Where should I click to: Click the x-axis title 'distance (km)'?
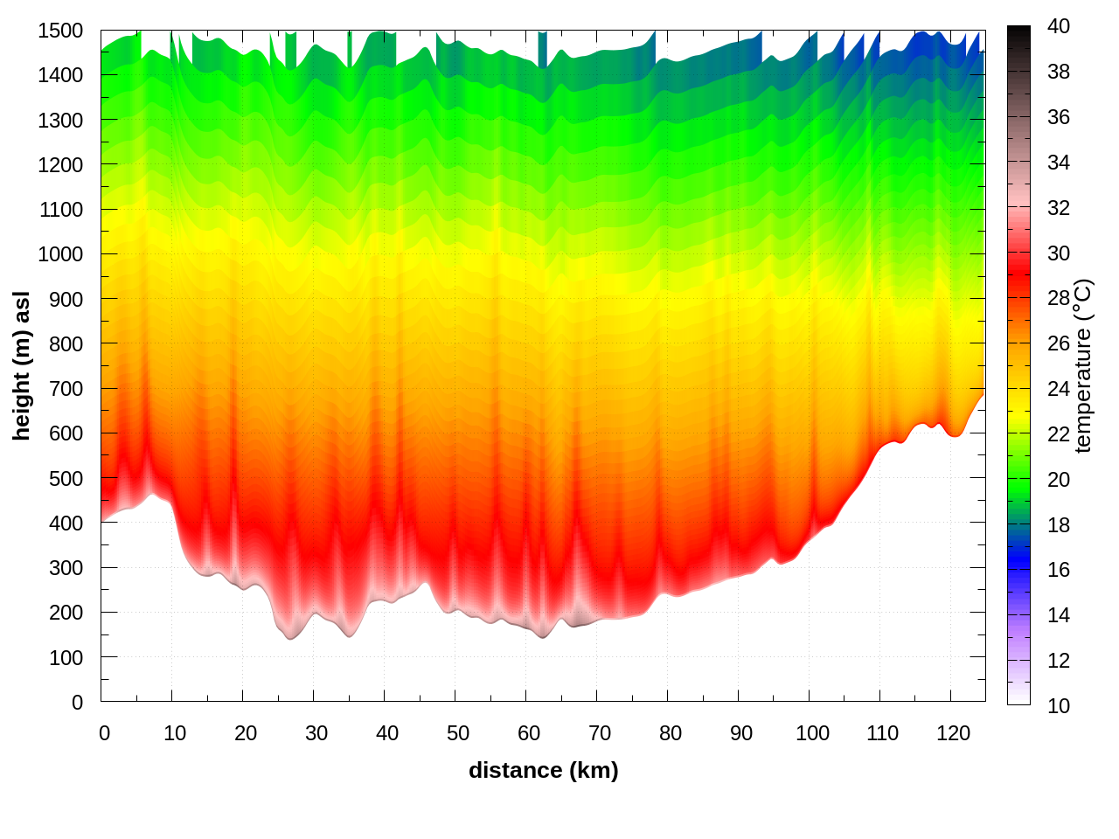(543, 770)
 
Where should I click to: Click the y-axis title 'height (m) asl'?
(22, 366)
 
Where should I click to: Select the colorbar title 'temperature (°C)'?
(1083, 366)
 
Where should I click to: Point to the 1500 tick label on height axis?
(60, 31)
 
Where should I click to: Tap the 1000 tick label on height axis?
(60, 254)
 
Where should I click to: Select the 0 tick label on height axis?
(77, 702)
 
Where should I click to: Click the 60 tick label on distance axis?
(529, 733)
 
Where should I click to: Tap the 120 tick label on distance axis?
(954, 733)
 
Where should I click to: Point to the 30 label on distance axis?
(316, 733)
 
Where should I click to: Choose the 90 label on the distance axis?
(741, 733)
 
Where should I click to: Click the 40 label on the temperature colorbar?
(1059, 26)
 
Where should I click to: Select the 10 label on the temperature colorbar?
(1059, 705)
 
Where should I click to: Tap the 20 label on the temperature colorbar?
(1059, 479)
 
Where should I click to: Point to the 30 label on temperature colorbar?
(1059, 253)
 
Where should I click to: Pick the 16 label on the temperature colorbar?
(1059, 570)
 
